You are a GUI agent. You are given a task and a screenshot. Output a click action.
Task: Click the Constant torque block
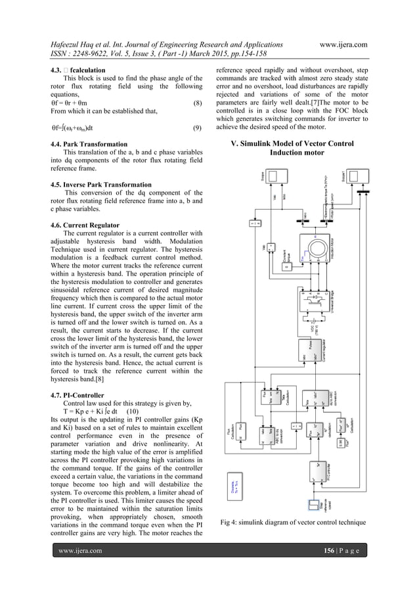[287, 266]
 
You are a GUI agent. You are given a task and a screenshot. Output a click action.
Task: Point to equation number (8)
[197, 103]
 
